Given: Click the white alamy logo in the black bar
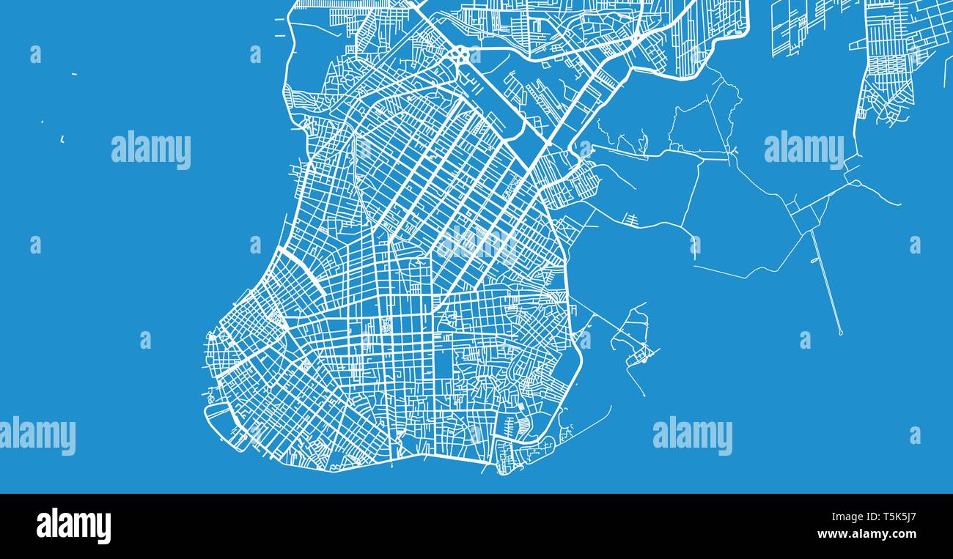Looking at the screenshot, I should click(x=73, y=526).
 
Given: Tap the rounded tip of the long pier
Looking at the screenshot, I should click(x=840, y=333).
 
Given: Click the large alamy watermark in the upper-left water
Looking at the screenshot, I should click(x=151, y=149).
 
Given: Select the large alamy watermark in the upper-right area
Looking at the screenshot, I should click(x=803, y=149).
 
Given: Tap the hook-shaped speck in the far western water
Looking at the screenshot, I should click(x=62, y=138).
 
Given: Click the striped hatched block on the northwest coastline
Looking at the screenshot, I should click(x=296, y=98).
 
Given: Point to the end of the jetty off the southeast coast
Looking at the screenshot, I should click(x=644, y=396).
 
